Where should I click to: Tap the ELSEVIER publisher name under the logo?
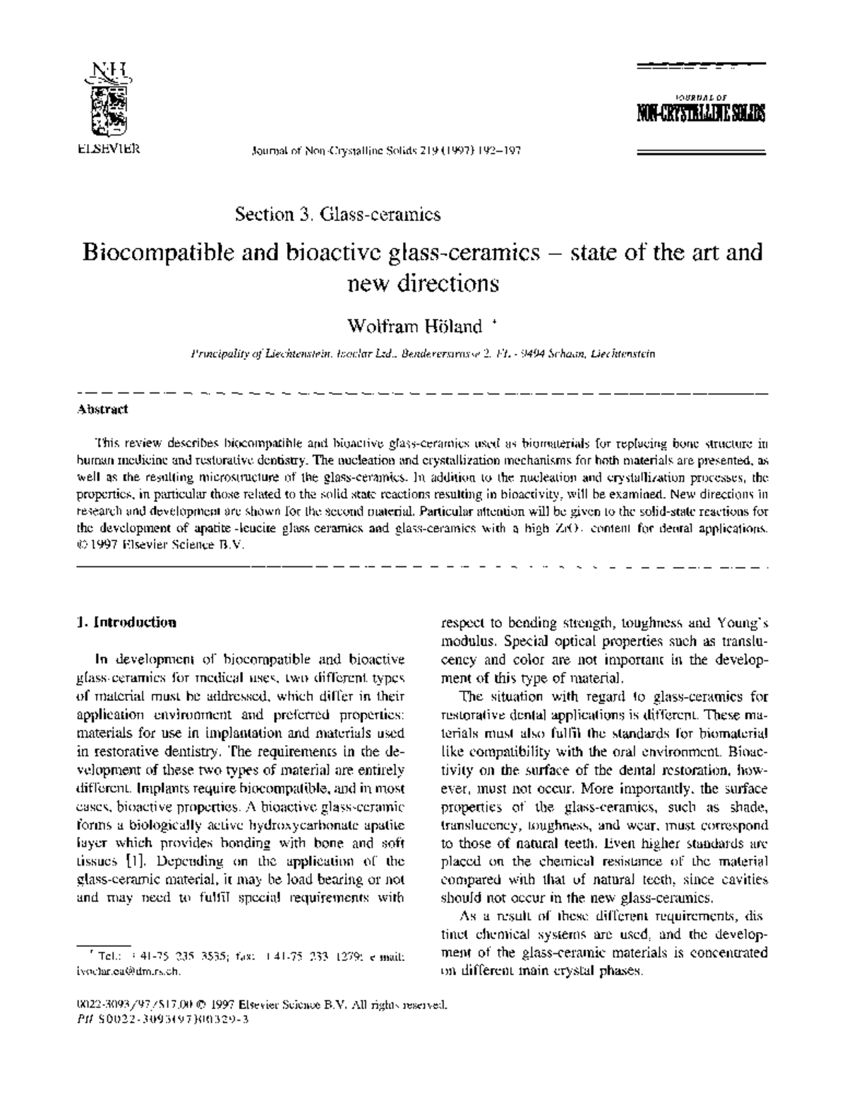click(x=108, y=149)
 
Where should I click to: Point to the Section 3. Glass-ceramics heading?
click(x=338, y=214)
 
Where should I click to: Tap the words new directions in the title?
click(x=423, y=284)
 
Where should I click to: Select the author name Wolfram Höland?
click(x=415, y=326)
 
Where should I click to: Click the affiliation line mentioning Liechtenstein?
click(x=422, y=354)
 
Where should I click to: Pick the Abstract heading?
click(x=102, y=409)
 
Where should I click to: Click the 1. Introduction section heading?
click(x=126, y=622)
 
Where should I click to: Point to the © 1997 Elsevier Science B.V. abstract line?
click(x=160, y=545)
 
